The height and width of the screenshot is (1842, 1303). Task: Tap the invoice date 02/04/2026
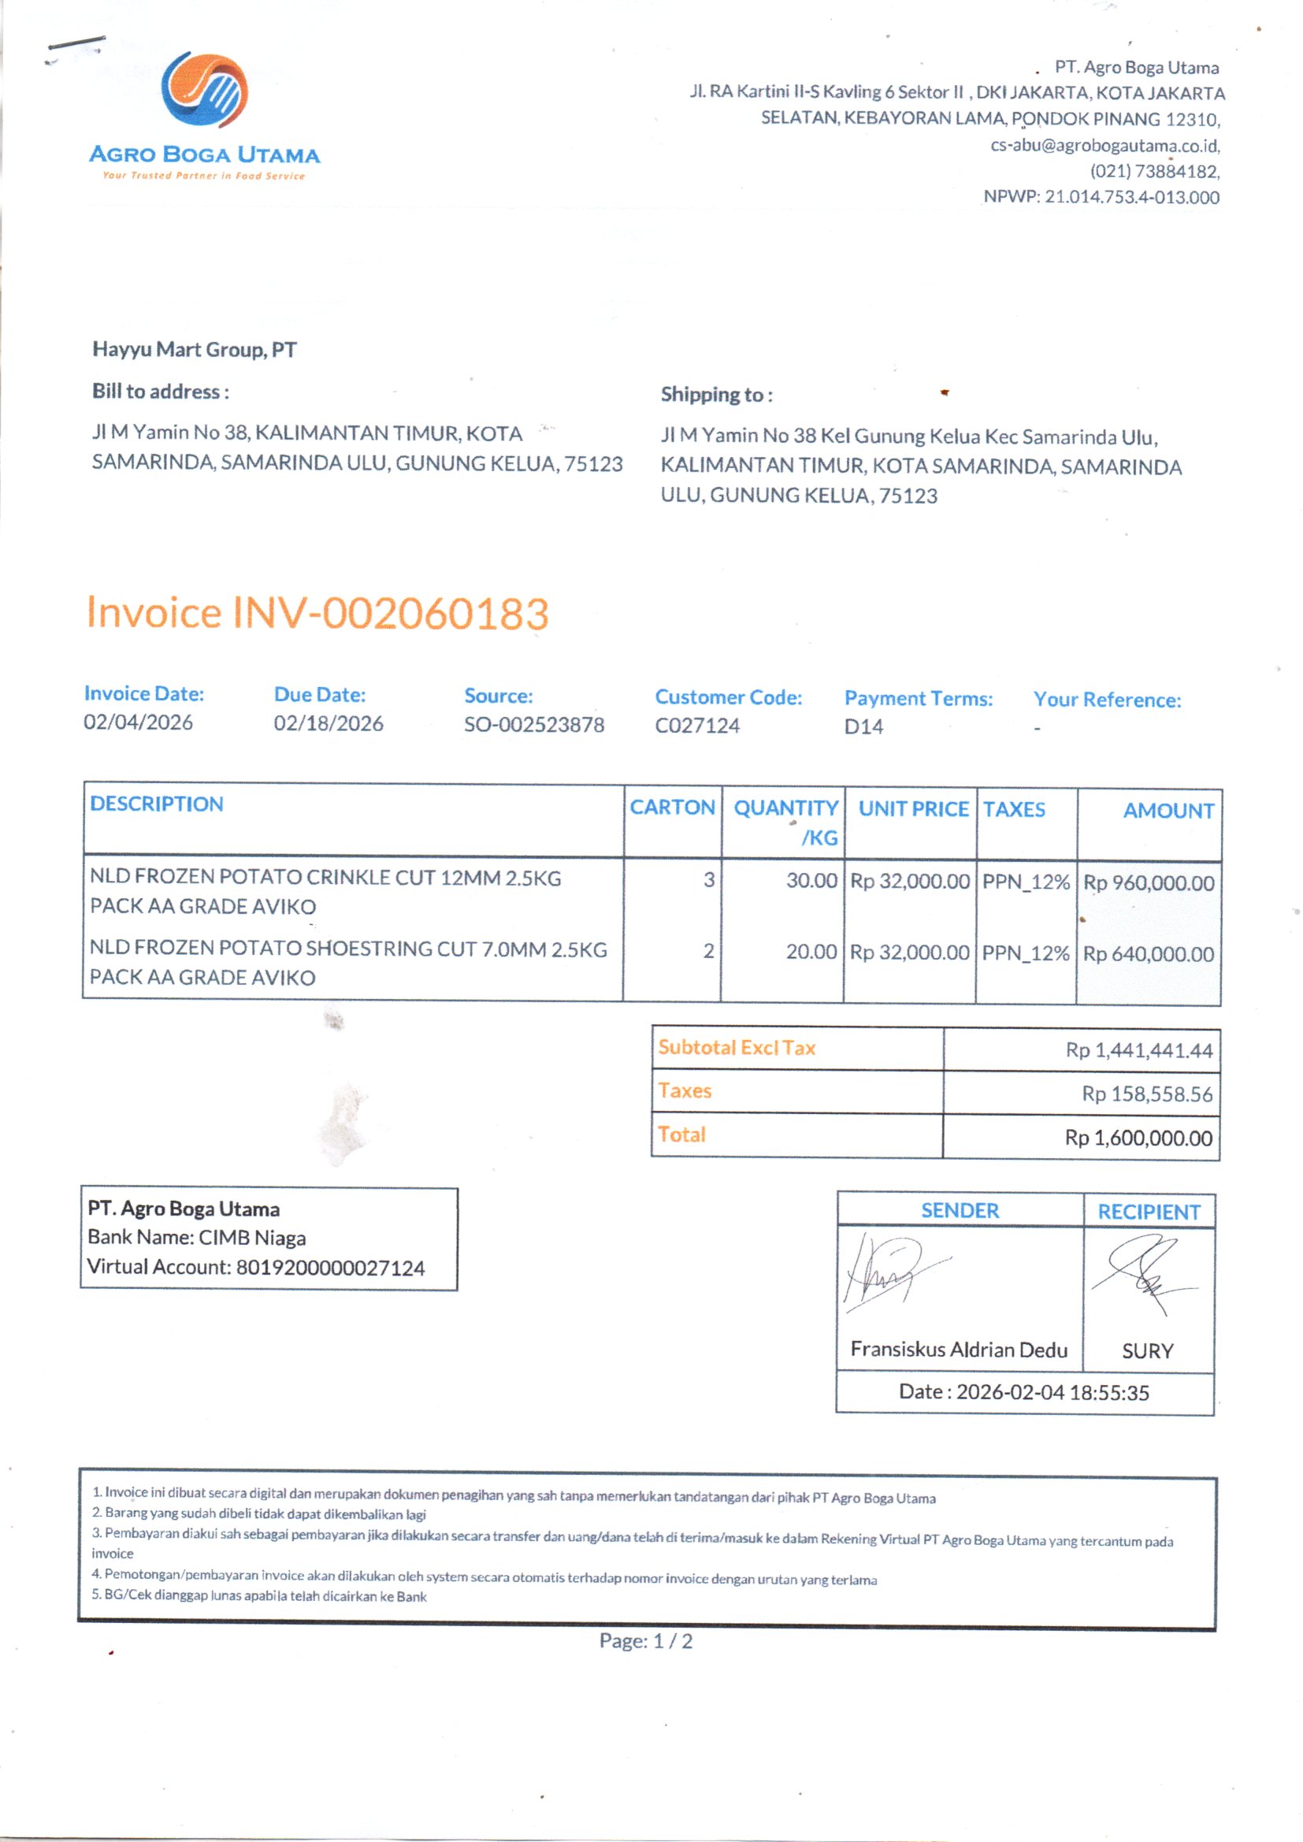click(x=138, y=722)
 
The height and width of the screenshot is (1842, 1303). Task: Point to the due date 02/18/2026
click(x=329, y=723)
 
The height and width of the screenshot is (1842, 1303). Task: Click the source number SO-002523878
click(x=533, y=725)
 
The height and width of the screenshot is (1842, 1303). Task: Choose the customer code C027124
click(x=697, y=726)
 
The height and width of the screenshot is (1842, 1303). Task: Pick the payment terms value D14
click(x=863, y=727)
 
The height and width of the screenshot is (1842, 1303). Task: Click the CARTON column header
click(x=671, y=807)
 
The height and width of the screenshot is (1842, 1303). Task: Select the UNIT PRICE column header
click(x=913, y=808)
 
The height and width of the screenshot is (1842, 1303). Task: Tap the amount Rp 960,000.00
click(x=1148, y=883)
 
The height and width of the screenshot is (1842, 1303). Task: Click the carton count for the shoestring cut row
click(x=708, y=952)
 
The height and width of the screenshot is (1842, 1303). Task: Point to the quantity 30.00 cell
click(x=811, y=881)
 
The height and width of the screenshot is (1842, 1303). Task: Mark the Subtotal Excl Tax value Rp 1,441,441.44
click(x=1138, y=1051)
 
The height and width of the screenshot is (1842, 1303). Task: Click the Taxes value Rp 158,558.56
click(x=1146, y=1094)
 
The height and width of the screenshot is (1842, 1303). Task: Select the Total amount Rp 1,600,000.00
click(x=1138, y=1138)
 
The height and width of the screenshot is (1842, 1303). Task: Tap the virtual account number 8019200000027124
click(x=330, y=1268)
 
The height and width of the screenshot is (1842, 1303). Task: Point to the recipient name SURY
click(x=1147, y=1351)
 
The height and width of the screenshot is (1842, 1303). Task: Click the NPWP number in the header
click(x=1131, y=197)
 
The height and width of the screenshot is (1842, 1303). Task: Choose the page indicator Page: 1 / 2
click(x=646, y=1641)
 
